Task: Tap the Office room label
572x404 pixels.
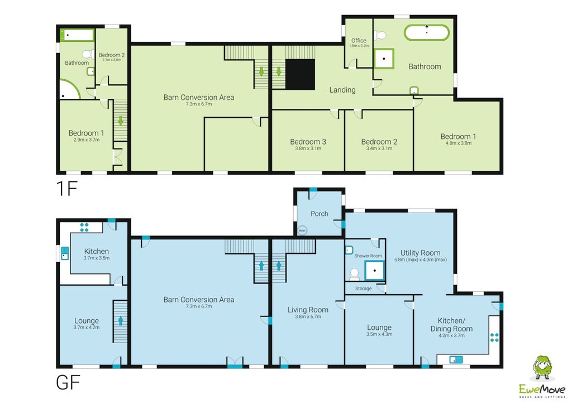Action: pos(359,41)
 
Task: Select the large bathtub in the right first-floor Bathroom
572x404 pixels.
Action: pos(426,32)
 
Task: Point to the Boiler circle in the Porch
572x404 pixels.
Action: pos(302,230)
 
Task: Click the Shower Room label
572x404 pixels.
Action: pos(368,256)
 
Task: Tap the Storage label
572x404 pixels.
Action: pos(363,288)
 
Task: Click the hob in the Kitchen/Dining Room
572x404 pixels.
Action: pos(494,336)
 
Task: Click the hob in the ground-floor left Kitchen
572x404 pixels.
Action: pos(84,227)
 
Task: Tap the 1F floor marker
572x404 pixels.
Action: pos(66,189)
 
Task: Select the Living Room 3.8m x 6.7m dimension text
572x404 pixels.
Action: pos(308,317)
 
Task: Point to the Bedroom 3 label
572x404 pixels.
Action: pos(308,142)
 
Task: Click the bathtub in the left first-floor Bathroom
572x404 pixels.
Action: pos(78,36)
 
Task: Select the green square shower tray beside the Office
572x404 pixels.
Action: pos(384,59)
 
